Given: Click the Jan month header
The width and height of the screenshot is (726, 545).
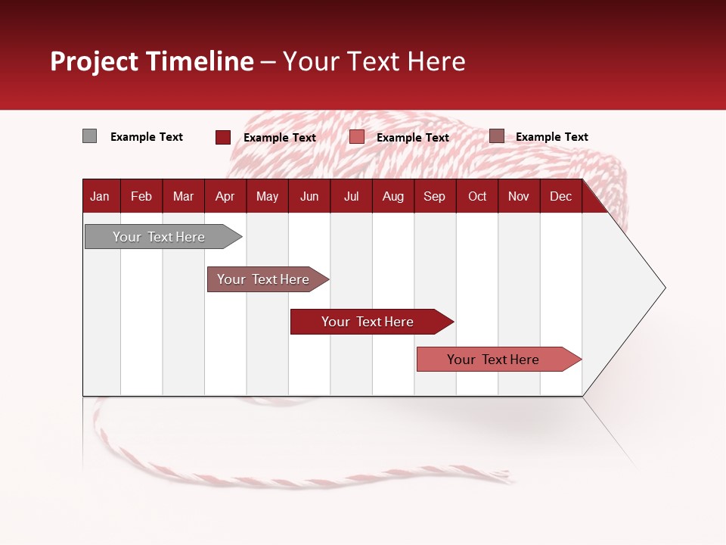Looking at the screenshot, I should (100, 197).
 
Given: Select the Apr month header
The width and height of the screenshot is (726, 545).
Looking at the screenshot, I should (225, 197).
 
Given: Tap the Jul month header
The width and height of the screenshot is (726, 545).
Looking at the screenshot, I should (351, 197).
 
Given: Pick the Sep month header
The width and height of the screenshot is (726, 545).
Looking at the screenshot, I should (434, 197).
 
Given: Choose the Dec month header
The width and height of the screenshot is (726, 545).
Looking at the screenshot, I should (560, 197).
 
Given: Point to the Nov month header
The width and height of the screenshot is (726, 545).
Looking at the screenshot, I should (518, 197).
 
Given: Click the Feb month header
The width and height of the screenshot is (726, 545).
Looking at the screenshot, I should (141, 197).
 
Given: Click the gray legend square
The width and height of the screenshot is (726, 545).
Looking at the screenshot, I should (89, 136).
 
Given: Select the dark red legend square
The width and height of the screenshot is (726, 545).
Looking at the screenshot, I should (222, 137).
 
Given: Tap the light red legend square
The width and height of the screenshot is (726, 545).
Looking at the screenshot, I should (357, 137).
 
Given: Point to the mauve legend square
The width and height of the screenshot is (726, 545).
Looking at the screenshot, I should (496, 136).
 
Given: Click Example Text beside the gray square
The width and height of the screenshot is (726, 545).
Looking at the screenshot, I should (147, 137).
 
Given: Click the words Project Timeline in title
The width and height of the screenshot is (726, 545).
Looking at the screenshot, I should (151, 61).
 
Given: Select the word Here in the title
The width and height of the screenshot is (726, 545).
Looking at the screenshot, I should (436, 61).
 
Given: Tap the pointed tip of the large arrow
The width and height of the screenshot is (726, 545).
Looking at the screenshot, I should (663, 288).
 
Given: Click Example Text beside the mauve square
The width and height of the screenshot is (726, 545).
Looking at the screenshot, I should (551, 137).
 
